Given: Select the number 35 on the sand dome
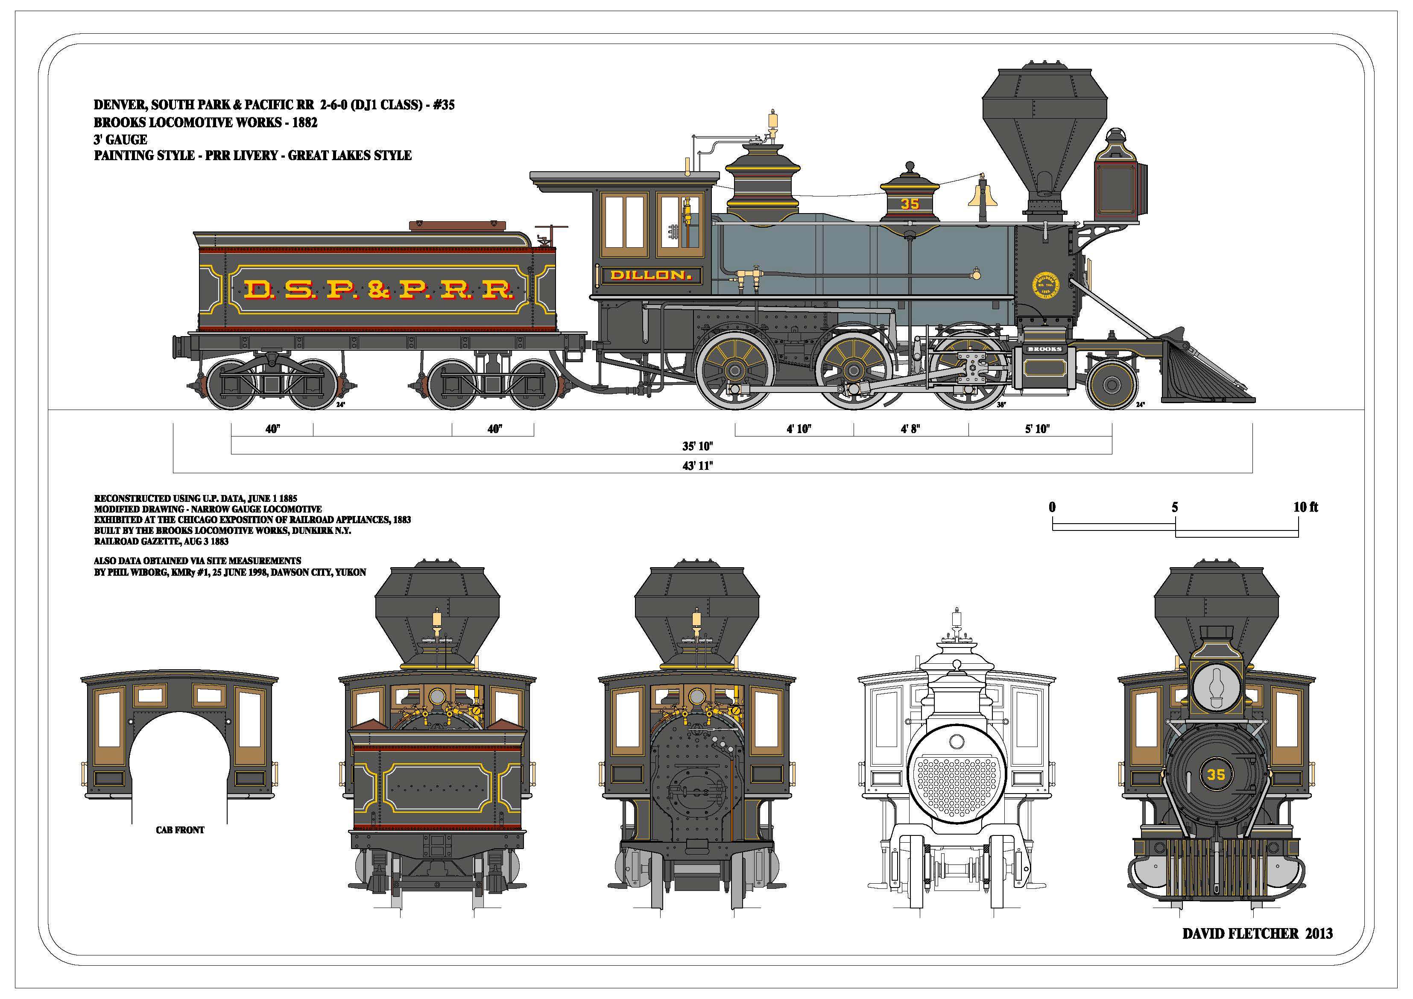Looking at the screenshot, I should click(910, 204).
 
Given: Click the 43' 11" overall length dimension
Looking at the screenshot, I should click(697, 466).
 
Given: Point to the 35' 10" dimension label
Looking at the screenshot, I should click(697, 446).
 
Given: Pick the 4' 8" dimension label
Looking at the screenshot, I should click(910, 429).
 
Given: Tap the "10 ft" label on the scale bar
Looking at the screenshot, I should click(1305, 507).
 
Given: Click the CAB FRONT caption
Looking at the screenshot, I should click(180, 830).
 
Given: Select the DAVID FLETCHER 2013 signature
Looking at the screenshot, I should click(1257, 933).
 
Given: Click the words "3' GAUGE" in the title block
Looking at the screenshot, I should click(120, 140).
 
